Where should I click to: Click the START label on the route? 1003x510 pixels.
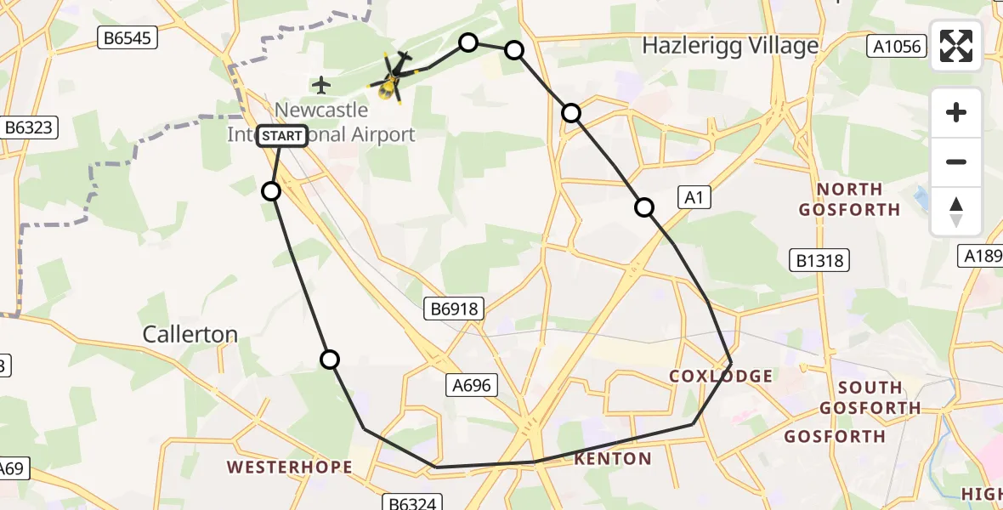(x=281, y=135)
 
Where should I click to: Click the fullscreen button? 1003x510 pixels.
(x=956, y=46)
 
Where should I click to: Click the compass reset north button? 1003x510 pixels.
(x=956, y=212)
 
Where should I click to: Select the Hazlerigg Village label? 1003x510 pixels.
(x=730, y=45)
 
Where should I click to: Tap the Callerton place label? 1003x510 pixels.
(x=190, y=334)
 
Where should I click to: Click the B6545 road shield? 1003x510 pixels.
(x=127, y=37)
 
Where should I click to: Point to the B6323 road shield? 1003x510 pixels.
(x=29, y=127)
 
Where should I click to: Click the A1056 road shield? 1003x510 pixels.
(x=898, y=46)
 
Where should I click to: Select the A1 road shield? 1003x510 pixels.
(x=694, y=198)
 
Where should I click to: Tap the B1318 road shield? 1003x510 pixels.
(x=819, y=259)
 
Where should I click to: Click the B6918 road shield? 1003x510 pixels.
(x=455, y=310)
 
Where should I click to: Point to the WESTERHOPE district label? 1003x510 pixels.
(x=289, y=467)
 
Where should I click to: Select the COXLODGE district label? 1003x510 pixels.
(x=721, y=376)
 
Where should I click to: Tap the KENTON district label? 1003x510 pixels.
(x=613, y=459)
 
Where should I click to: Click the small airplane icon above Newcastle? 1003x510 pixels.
(x=320, y=85)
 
